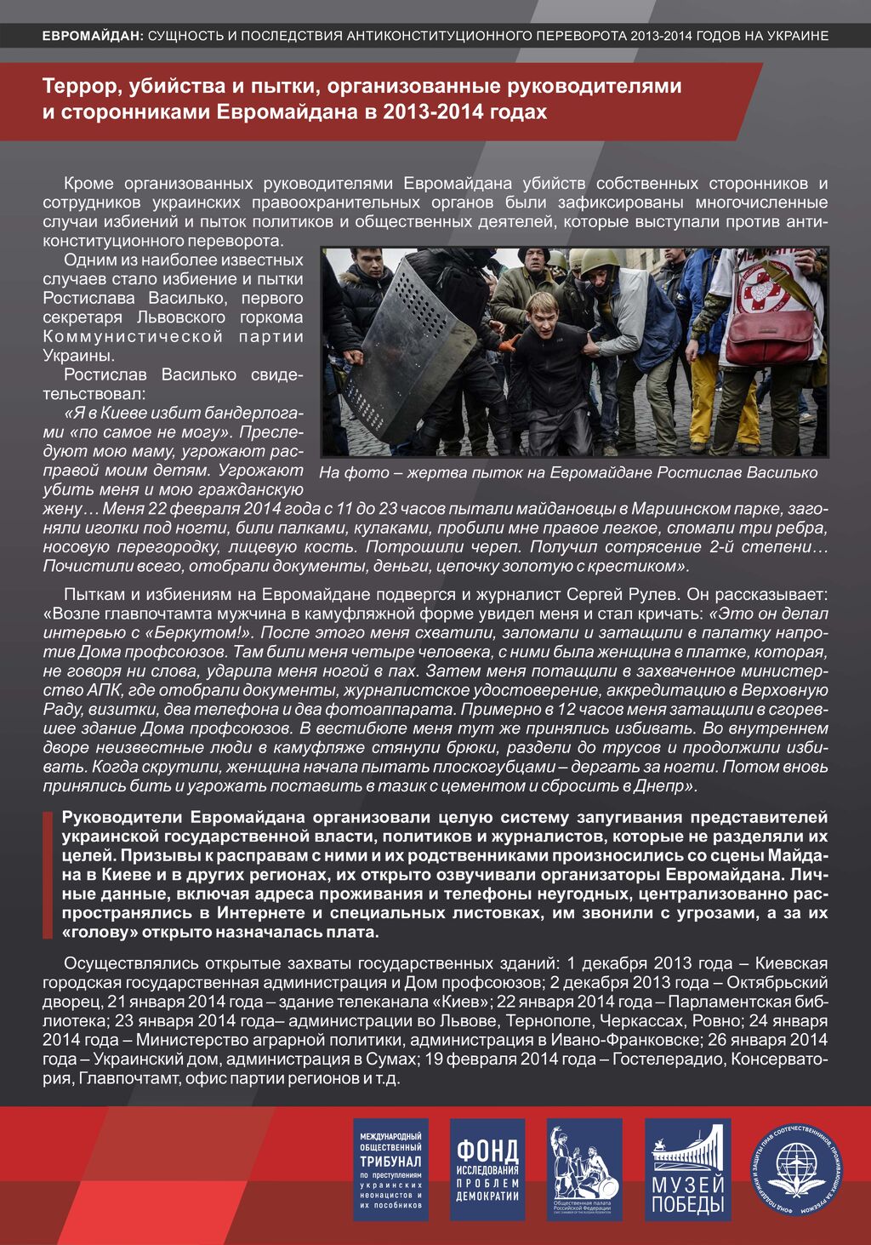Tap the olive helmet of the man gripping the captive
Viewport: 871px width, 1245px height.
click(599, 260)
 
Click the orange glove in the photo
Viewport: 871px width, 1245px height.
click(510, 343)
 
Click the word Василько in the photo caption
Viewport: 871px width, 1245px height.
click(778, 472)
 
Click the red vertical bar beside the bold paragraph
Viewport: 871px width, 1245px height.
click(47, 875)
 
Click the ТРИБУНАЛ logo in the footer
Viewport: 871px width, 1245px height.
click(390, 1169)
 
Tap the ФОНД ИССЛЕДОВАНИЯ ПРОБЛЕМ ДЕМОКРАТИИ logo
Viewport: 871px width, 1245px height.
click(487, 1169)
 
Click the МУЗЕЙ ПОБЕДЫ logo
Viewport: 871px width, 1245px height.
click(687, 1169)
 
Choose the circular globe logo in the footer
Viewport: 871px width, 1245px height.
click(799, 1169)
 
